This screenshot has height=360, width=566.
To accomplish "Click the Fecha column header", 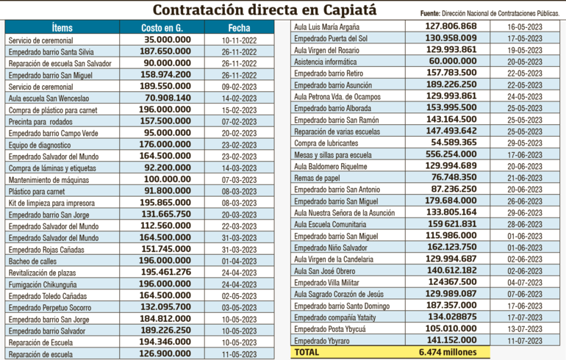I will [239, 26].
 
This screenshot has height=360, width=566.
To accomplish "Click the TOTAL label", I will [307, 353].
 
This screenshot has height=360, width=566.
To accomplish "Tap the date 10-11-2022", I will [240, 39].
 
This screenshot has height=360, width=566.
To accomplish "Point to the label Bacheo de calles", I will [34, 261].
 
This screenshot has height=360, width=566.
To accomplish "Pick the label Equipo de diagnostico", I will [40, 144].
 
